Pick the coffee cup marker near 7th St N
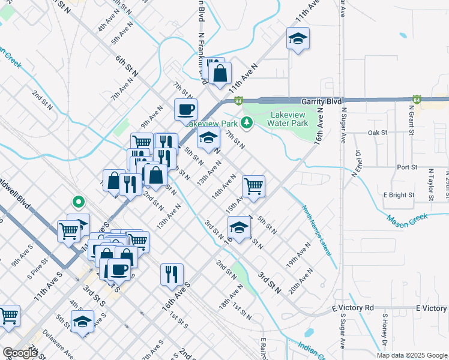tap(185, 110)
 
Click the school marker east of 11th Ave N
tap(297, 40)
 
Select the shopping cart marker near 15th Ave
tap(254, 186)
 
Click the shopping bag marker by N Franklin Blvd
tap(220, 74)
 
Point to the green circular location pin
tap(77, 202)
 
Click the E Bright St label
tap(400, 195)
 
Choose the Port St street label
tap(406, 167)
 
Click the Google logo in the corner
tap(20, 353)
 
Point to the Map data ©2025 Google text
tap(411, 355)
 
